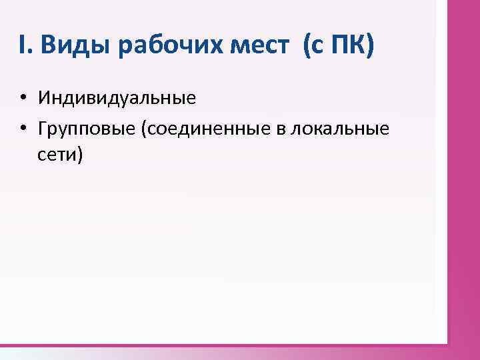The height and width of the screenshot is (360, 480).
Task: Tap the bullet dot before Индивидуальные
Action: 23,99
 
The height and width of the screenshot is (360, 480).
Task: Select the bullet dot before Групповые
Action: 23,127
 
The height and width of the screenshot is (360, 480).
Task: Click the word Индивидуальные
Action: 117,99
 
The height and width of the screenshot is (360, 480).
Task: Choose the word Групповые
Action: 87,127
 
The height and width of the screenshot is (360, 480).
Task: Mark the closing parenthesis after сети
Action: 81,155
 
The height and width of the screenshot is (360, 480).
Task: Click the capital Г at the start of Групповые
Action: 43,127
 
